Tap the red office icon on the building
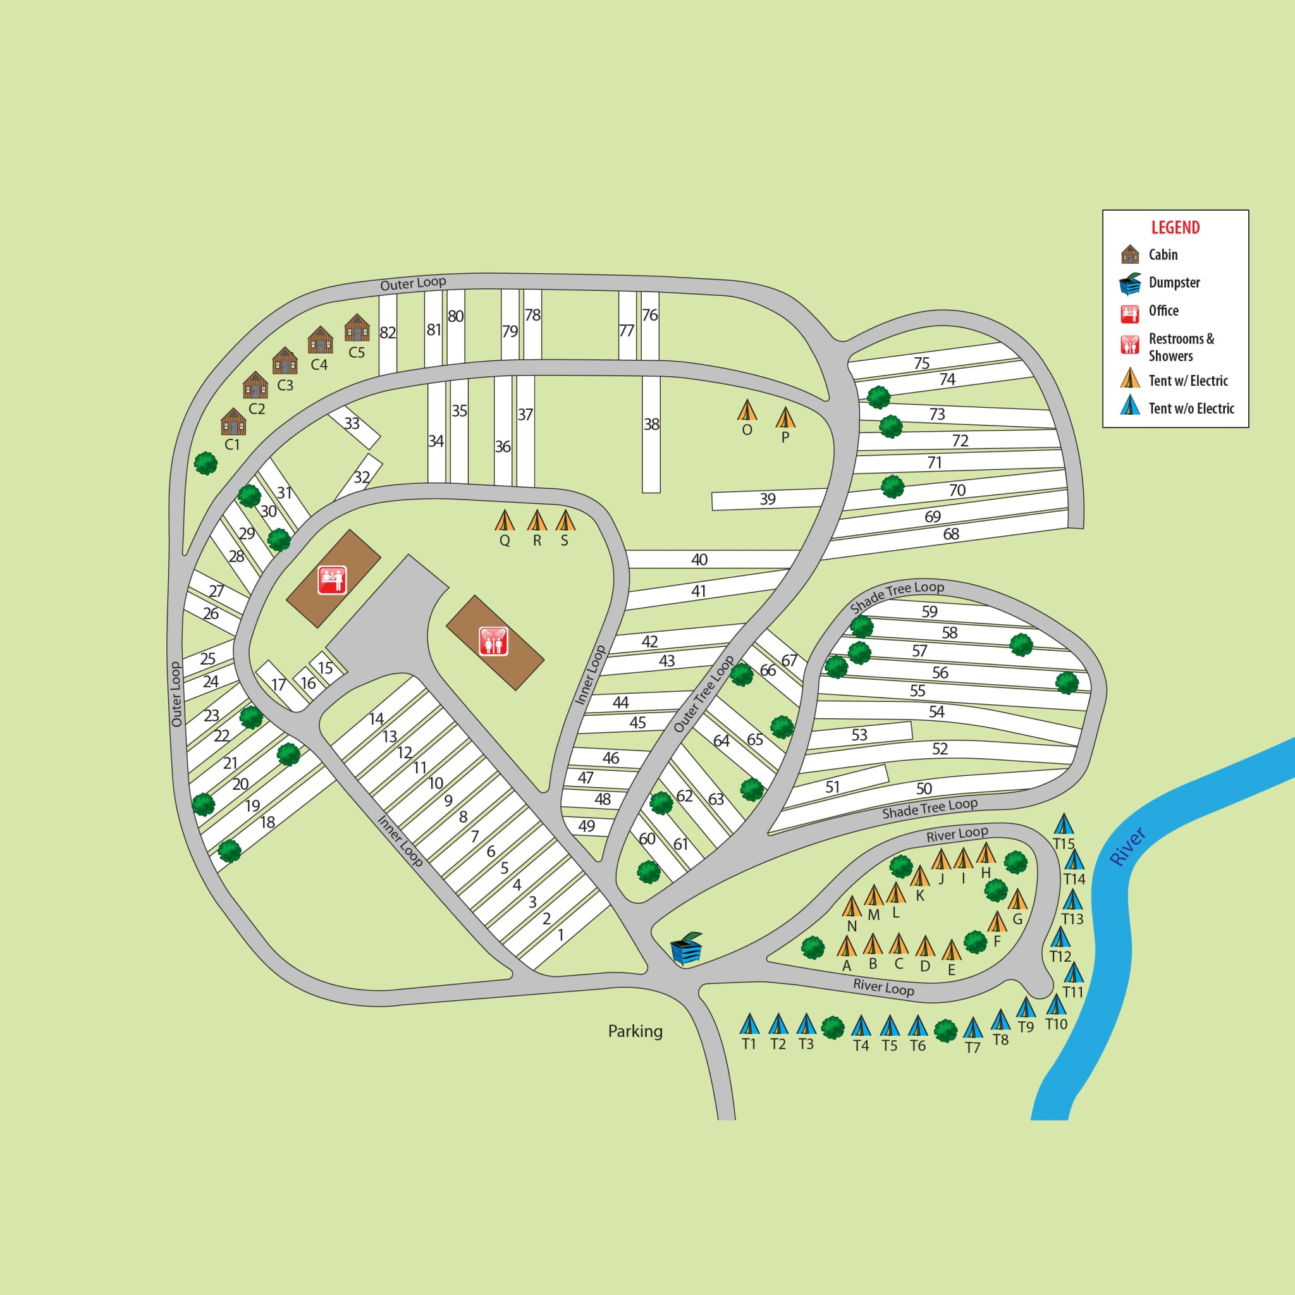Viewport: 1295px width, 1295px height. [x=332, y=580]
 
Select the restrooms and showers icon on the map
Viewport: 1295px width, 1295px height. [x=493, y=641]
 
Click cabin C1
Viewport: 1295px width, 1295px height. [x=233, y=422]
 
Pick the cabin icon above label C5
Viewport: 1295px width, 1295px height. [x=357, y=328]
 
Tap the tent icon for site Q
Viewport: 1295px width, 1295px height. [x=505, y=520]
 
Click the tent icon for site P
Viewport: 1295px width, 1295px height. [x=785, y=417]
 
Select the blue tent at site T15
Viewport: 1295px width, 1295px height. [x=1064, y=824]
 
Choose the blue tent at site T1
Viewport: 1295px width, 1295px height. [x=749, y=1024]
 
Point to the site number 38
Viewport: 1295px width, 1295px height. [x=651, y=424]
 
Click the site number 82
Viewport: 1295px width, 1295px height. [x=388, y=333]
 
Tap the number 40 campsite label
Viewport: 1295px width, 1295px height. [x=699, y=560]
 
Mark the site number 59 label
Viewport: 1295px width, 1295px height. [x=929, y=611]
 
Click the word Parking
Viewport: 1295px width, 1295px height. [x=635, y=1031]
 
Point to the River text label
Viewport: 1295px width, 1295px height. [x=1127, y=847]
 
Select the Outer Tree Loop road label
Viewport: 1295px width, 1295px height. [x=703, y=694]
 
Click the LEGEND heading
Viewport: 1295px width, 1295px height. [x=1175, y=227]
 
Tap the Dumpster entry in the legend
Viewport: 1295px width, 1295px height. [x=1174, y=282]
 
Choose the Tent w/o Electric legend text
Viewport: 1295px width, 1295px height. [x=1191, y=408]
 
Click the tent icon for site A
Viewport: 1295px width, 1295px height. [x=847, y=947]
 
